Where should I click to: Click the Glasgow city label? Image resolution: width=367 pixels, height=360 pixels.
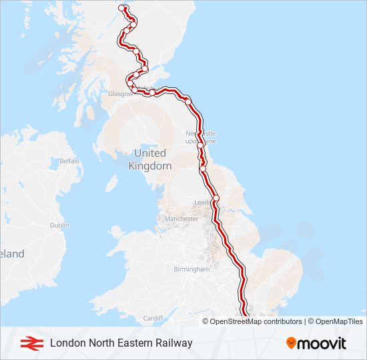click(x=119, y=94)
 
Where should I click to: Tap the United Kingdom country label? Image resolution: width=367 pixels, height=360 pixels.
click(x=149, y=160)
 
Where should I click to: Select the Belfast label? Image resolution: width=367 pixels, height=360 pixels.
click(x=69, y=161)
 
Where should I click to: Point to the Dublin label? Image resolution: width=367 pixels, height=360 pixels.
click(x=59, y=225)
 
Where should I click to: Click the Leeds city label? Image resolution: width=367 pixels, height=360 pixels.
click(x=202, y=202)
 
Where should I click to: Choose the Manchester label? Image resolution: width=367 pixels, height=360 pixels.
click(x=181, y=219)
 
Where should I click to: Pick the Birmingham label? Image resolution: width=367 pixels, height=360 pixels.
click(x=192, y=269)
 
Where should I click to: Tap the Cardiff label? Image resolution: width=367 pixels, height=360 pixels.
click(x=153, y=318)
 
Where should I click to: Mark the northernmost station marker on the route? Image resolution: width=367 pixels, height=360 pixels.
click(x=122, y=8)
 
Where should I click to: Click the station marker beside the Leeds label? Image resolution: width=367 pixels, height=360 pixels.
click(x=216, y=199)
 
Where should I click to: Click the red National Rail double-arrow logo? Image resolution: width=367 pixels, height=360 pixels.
click(x=29, y=343)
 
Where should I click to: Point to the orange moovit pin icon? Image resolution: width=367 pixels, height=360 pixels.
click(x=291, y=343)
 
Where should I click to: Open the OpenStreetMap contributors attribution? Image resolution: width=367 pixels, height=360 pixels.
click(x=256, y=321)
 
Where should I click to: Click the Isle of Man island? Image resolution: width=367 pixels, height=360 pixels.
click(x=111, y=183)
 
